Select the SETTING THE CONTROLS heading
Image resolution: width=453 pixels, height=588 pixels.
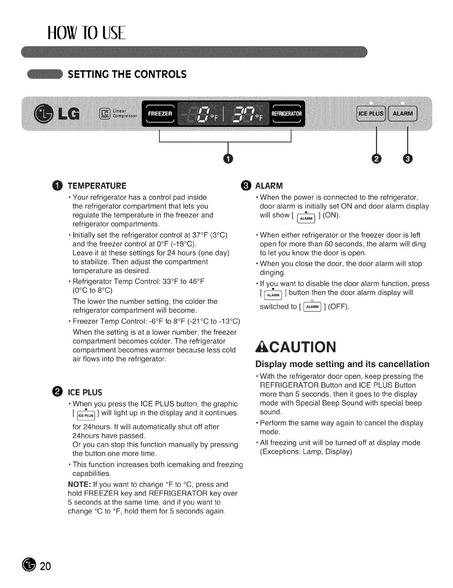click(x=126, y=74)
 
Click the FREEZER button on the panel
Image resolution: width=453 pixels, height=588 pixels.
click(x=160, y=113)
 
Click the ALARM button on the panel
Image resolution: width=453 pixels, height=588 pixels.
click(x=403, y=113)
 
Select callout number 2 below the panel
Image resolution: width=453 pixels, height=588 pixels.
click(x=376, y=159)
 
